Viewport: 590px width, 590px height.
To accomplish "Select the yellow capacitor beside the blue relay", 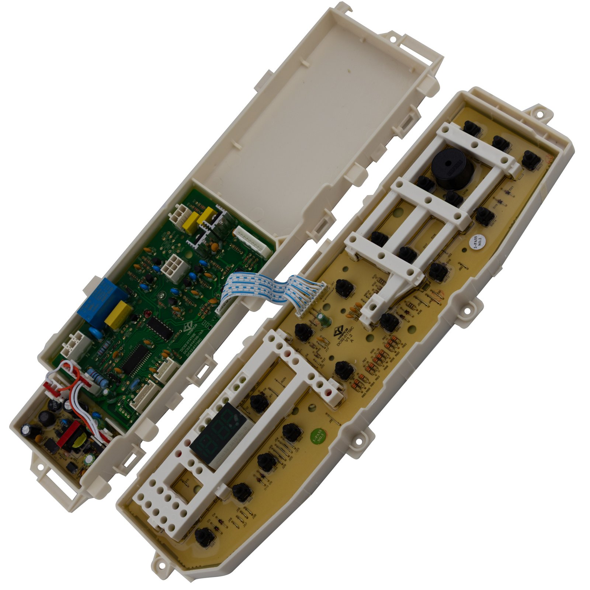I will click(118, 315).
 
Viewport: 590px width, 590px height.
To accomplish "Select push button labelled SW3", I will click(293, 433).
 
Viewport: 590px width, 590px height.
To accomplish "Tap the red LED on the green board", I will click(146, 315).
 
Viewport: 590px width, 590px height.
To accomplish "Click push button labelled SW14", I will click(484, 216).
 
